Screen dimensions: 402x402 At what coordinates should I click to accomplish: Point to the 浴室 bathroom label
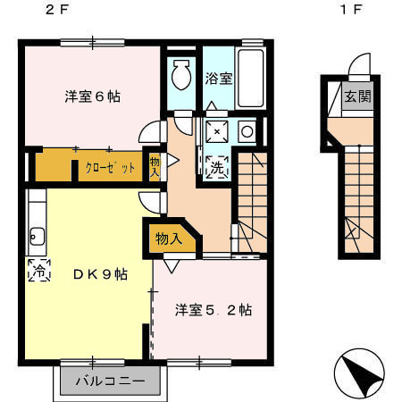point(219,77)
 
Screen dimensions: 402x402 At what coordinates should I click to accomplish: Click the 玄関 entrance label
point(358,96)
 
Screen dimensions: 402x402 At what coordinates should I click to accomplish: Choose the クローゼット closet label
point(111,167)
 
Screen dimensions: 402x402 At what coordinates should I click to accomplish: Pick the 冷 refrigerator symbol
point(39,268)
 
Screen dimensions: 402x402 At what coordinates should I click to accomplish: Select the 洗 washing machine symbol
point(217,165)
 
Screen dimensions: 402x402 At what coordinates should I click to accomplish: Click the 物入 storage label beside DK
point(168,239)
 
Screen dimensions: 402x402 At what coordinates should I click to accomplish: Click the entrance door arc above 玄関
point(359,67)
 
